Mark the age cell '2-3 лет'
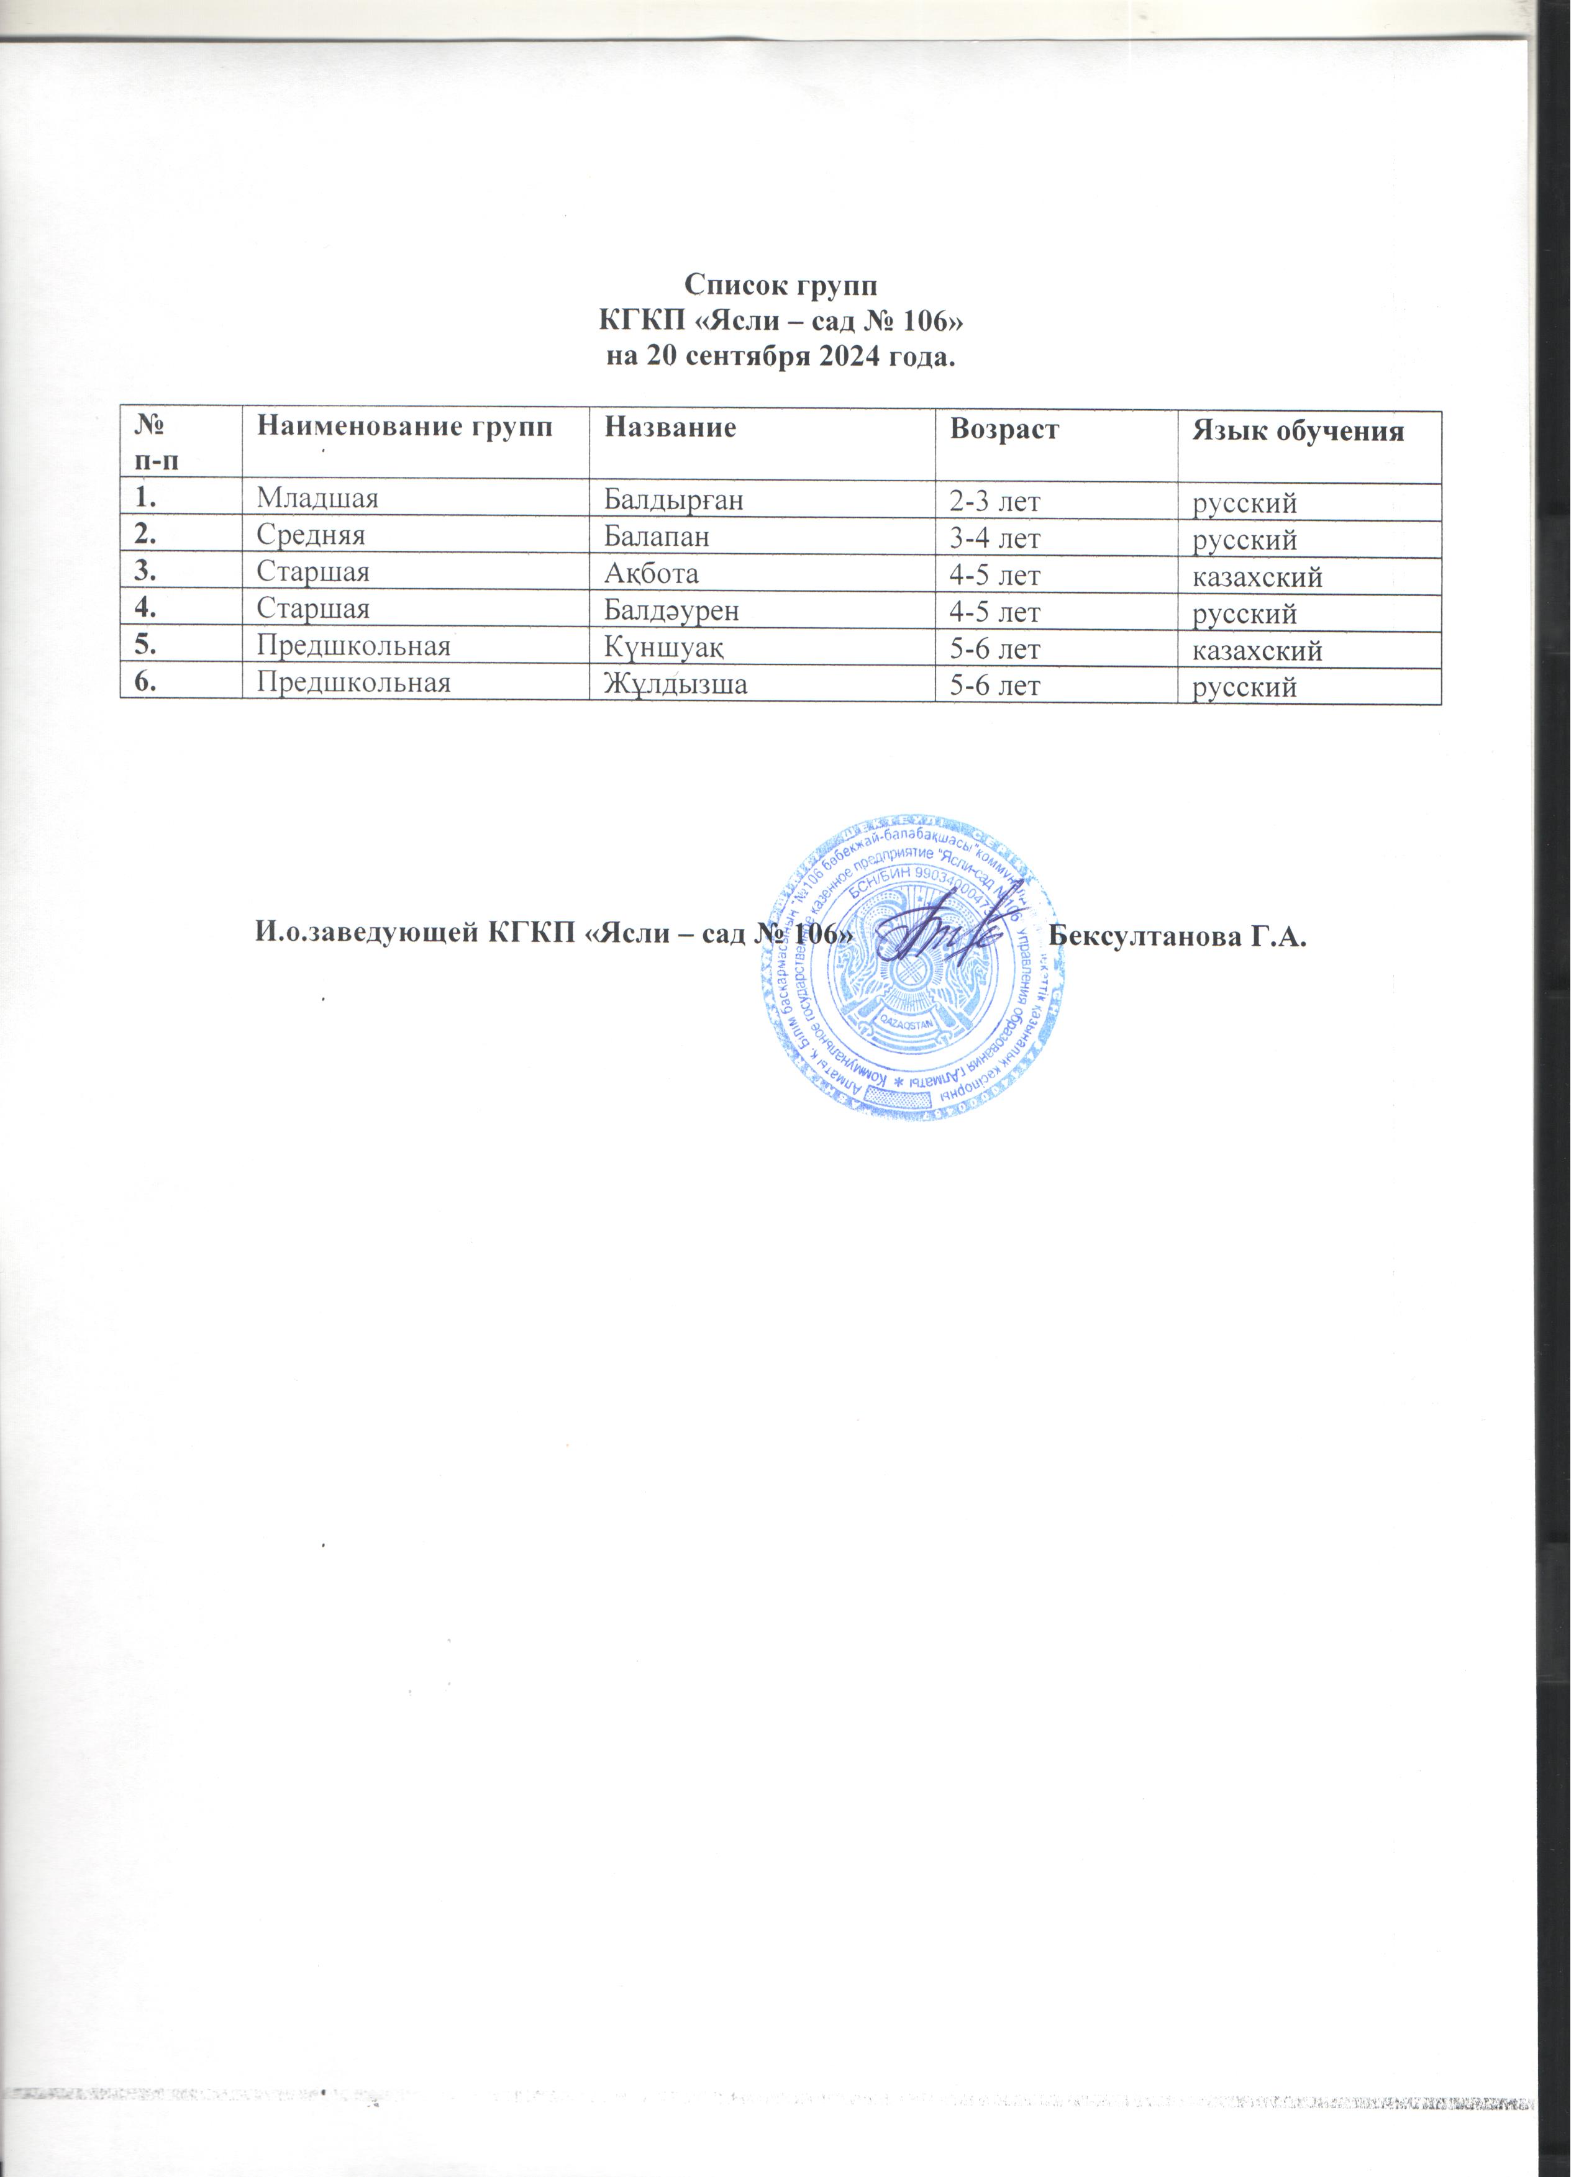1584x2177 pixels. coord(995,502)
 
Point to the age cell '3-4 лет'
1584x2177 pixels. coord(995,538)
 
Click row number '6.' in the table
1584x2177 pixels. coord(147,684)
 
